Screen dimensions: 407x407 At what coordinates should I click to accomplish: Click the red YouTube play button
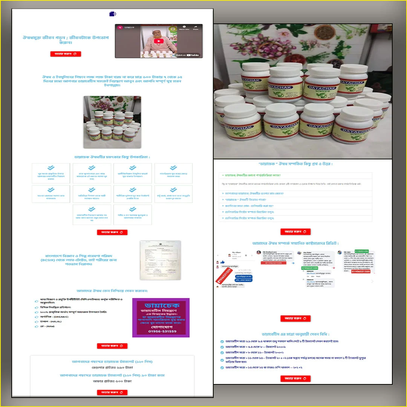pos(159,41)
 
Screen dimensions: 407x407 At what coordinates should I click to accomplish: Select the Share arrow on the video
pos(196,28)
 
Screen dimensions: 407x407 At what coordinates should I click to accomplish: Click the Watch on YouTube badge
pos(188,55)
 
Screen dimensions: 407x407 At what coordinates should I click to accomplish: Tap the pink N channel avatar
pos(120,28)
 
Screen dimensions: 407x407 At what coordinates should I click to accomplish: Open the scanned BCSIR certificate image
pos(160,260)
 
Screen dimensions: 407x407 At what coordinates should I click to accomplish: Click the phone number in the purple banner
pos(162,331)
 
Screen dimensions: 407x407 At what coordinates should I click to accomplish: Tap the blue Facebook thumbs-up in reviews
pos(222,262)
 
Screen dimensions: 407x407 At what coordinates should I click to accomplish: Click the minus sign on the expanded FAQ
pos(223,175)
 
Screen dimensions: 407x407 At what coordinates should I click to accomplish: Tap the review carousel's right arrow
pos(372,281)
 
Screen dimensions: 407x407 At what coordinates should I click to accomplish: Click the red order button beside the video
pos(66,54)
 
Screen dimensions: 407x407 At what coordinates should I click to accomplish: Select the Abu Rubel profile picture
pos(299,253)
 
